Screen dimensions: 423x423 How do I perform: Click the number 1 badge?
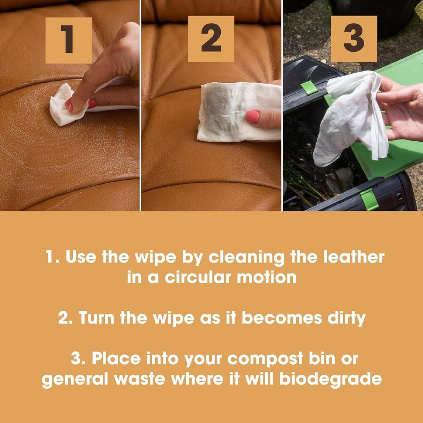click(x=69, y=40)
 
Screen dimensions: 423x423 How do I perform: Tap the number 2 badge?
click(x=211, y=39)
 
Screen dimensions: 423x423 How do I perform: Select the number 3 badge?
click(x=354, y=39)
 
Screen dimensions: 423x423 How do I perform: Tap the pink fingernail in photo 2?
click(x=253, y=117)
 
